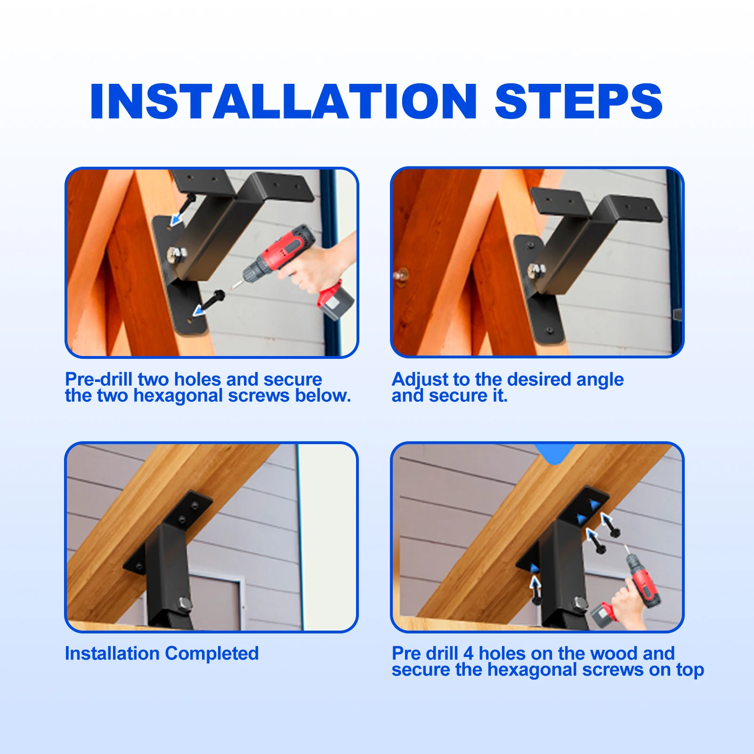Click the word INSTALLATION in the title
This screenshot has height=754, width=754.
point(283,101)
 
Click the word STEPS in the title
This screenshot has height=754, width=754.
point(578,101)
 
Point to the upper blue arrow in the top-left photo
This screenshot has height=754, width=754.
point(177,218)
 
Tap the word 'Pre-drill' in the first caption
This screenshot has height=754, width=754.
point(97,379)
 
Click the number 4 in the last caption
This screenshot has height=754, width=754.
point(468,653)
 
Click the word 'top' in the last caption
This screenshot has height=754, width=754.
point(690,670)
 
